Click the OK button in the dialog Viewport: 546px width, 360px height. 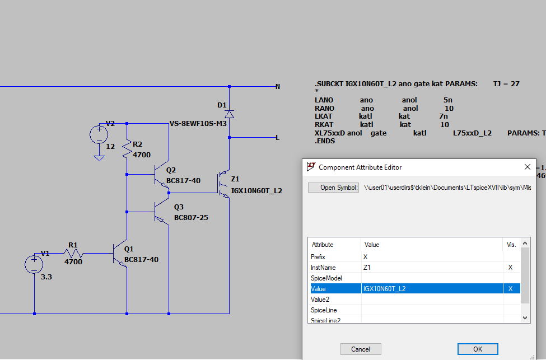(477, 349)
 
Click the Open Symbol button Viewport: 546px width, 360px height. (333, 188)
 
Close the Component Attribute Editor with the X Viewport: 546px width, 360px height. (527, 167)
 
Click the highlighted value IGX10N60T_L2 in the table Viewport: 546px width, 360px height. (384, 289)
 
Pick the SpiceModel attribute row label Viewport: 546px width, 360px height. (326, 278)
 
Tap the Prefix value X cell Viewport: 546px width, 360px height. (366, 257)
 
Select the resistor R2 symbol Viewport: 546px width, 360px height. (128, 149)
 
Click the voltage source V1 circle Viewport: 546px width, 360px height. (34, 264)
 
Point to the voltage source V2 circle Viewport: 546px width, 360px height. (99, 134)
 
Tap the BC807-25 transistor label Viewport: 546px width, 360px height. (191, 217)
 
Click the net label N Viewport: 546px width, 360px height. (277, 87)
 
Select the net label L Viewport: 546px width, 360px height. (277, 137)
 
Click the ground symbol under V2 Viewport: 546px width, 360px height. (99, 157)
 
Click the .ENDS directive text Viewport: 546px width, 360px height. (324, 141)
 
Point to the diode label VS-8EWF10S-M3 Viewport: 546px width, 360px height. (198, 124)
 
